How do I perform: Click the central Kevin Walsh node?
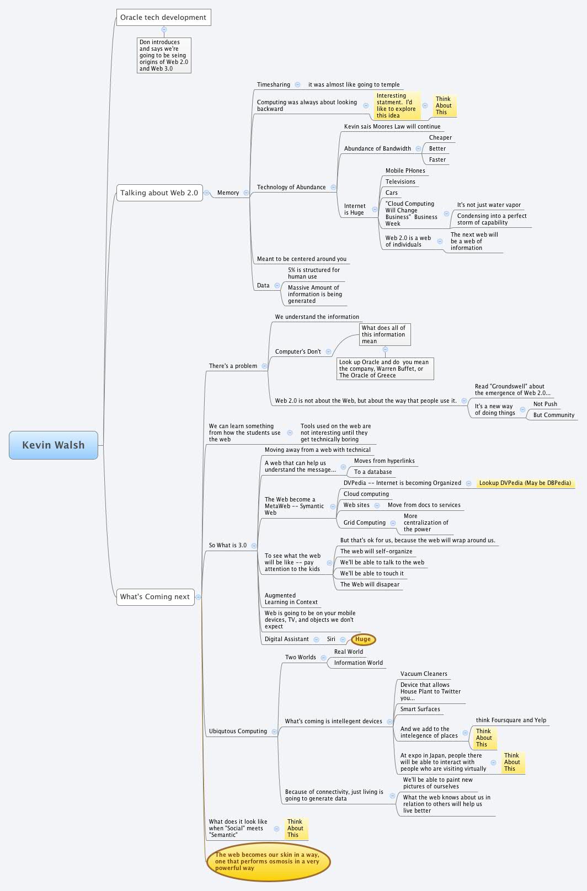54,445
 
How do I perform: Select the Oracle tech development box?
163,17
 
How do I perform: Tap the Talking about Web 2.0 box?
159,193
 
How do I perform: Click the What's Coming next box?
155,596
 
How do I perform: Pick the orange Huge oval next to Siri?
363,639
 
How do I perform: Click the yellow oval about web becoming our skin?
268,861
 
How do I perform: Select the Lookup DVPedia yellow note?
525,483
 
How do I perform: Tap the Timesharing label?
273,84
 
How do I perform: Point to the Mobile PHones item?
405,170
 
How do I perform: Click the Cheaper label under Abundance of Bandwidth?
440,137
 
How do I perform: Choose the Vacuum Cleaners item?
423,674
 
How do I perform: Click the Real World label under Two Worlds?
348,652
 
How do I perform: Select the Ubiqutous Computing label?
238,731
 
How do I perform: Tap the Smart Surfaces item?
420,709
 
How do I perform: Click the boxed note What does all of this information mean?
384,334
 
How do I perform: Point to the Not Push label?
545,404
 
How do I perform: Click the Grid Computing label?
364,522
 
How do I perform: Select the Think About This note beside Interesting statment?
444,105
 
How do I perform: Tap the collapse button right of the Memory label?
246,193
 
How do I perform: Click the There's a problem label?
233,366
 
